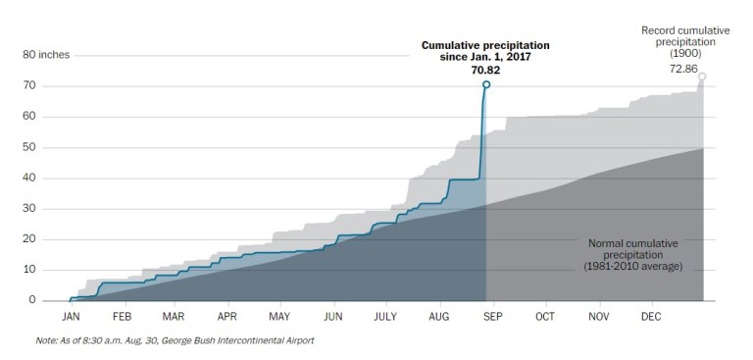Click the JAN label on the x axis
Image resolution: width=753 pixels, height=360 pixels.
tap(71, 318)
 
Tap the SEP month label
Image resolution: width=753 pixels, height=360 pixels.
tap(492, 318)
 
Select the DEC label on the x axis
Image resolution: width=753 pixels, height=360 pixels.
tap(650, 318)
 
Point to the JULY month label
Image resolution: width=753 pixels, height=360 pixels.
tap(386, 318)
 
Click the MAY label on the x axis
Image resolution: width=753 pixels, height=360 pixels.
tap(279, 318)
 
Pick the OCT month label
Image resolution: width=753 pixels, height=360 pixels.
tap(544, 318)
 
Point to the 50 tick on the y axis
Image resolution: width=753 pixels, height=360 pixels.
tap(29, 147)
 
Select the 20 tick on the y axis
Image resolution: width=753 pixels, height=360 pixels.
tap(29, 239)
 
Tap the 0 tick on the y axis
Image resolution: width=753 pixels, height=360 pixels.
tap(32, 300)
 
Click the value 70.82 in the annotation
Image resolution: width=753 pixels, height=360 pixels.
tap(485, 72)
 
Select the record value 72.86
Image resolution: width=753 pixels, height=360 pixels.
tap(683, 70)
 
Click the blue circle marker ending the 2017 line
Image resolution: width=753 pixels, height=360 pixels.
tap(486, 85)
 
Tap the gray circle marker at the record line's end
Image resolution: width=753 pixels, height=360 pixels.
tap(702, 77)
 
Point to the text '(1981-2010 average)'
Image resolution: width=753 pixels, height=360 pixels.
tap(632, 266)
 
